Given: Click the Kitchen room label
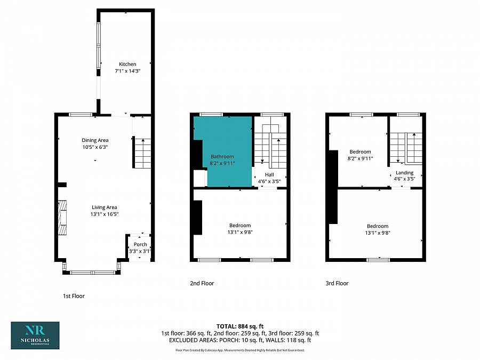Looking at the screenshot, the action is point(127,65).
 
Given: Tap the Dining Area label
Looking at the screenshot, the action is point(95,140).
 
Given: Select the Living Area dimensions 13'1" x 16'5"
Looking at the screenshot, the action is point(105,214).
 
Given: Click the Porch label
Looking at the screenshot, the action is point(140,244).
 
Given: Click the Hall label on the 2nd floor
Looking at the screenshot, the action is point(269,174).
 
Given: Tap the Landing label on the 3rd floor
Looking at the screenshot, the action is point(404,173).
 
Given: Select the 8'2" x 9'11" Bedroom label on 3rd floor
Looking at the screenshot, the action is point(360,155).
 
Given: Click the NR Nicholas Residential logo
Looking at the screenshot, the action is point(35,335).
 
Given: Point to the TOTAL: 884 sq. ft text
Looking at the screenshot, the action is point(240,326).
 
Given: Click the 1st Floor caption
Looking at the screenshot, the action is point(74,296).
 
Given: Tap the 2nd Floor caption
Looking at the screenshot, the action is point(202,283).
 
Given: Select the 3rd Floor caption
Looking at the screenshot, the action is point(337,283).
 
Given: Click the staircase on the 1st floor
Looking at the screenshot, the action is point(142,153).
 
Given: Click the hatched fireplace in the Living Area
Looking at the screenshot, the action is point(62,218).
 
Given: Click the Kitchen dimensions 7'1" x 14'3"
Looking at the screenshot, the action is point(127,71).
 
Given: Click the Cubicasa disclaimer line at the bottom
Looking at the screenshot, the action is point(240,350).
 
